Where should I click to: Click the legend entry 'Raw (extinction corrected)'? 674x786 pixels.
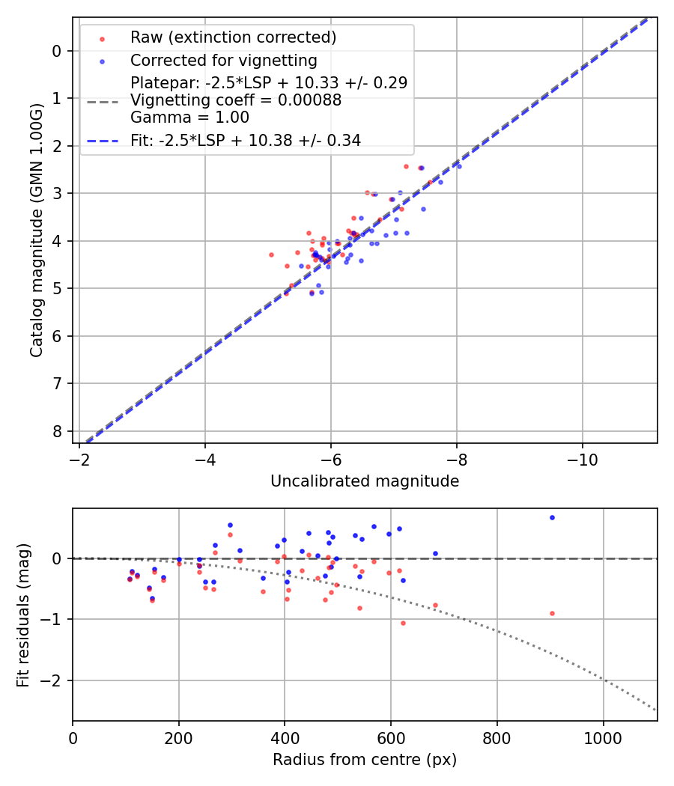coord(233,37)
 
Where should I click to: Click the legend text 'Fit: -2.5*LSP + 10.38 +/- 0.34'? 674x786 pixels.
coord(246,140)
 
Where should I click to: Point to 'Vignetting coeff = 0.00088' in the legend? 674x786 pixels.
coord(236,100)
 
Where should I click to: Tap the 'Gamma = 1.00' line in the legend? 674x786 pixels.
coord(189,118)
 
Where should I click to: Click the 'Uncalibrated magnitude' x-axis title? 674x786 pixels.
coord(365,481)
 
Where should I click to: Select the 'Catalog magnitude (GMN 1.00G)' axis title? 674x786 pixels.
coord(37,230)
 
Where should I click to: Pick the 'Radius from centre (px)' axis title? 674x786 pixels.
coord(365,760)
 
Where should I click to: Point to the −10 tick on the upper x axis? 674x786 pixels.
coord(582,459)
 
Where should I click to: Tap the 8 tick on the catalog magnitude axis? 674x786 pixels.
coord(57,431)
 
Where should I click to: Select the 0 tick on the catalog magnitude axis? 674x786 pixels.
coord(57,51)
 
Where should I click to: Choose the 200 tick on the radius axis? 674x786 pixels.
coord(179,737)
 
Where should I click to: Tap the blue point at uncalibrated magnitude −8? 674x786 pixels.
coord(459,166)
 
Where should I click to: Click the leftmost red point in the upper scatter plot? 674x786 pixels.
coord(271,255)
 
